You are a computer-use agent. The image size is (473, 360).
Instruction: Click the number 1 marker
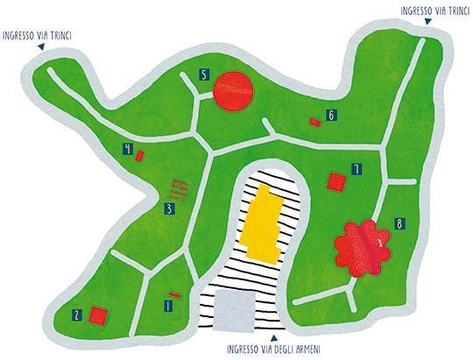[168, 306]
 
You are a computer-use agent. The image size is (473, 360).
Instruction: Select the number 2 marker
[77, 315]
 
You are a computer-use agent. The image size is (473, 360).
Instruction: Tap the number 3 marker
[170, 209]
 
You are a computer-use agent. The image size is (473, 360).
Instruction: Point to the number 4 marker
[128, 149]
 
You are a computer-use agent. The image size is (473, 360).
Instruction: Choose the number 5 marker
[204, 74]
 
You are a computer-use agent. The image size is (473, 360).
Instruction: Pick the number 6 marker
[331, 115]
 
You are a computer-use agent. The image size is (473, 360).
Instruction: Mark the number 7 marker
[357, 169]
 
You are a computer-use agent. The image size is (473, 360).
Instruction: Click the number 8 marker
[399, 224]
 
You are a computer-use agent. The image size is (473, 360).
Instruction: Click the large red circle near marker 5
[233, 91]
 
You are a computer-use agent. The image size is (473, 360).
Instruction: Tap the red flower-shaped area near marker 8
[363, 249]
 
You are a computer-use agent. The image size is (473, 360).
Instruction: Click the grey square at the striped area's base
[234, 311]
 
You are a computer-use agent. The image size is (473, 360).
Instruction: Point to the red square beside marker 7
[336, 182]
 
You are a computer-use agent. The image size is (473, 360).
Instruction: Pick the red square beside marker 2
[98, 315]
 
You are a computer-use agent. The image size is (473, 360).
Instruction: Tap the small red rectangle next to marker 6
[315, 122]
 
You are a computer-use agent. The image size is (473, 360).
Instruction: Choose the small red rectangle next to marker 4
[139, 156]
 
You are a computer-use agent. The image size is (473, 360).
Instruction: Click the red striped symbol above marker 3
[179, 190]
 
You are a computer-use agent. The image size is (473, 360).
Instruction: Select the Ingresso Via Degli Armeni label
[273, 349]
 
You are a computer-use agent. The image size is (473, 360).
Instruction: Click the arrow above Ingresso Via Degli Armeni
[274, 338]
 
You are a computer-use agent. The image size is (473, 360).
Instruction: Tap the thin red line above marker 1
[174, 295]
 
